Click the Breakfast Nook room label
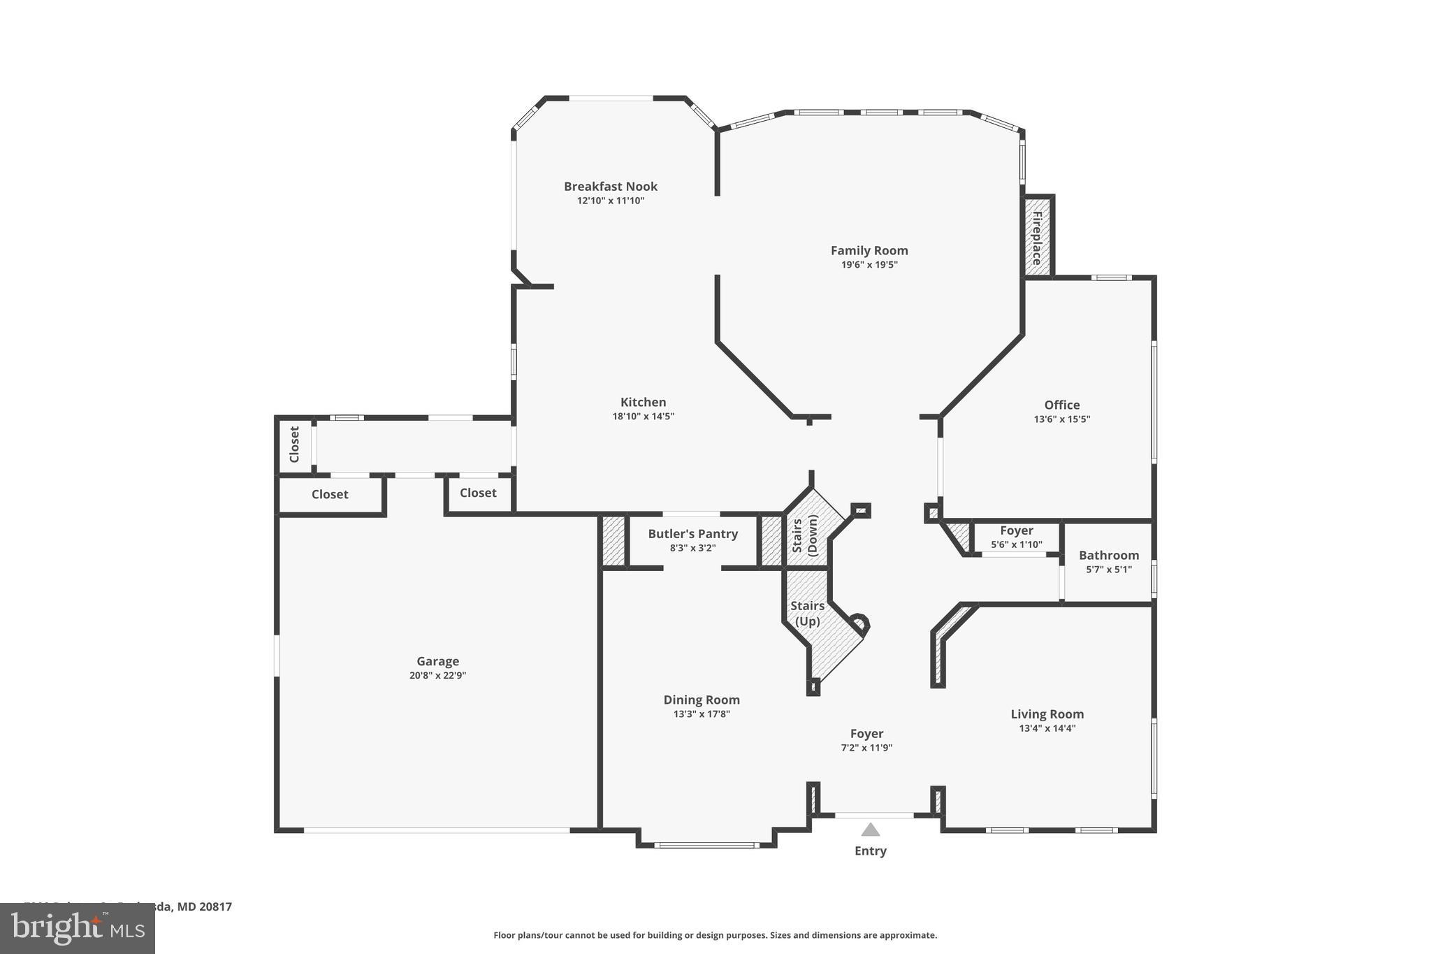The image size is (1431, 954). (611, 187)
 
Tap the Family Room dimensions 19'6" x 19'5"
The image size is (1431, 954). (869, 265)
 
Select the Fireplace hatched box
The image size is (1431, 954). (1037, 238)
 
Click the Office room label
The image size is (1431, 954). (1061, 405)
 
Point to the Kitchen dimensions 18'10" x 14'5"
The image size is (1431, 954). (643, 417)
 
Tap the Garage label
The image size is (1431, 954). (437, 661)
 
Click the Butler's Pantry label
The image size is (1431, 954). (692, 534)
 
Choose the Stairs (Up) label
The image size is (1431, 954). (807, 613)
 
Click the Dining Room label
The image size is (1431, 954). (701, 700)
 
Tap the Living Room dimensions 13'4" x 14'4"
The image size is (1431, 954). (1047, 728)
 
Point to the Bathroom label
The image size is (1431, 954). (1108, 556)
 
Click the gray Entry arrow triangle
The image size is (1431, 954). (870, 830)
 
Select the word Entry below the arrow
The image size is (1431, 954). (870, 851)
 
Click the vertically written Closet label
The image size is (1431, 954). (294, 445)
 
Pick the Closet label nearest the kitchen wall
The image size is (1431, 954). (478, 493)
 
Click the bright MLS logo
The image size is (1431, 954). (78, 928)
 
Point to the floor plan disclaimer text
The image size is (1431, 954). (715, 935)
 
